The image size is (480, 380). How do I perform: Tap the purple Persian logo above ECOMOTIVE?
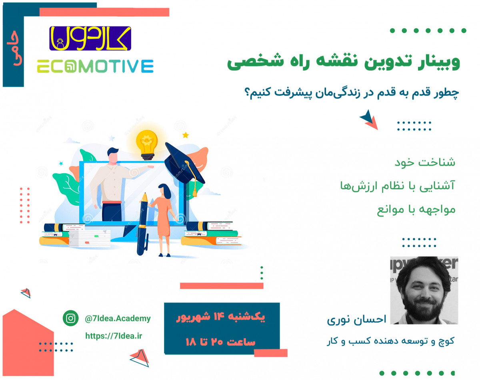pyautogui.click(x=90, y=38)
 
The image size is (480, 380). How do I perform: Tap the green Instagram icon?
pyautogui.click(x=71, y=318)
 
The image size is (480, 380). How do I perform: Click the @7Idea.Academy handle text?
pyautogui.click(x=118, y=319)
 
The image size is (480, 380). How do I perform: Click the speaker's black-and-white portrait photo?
pyautogui.click(x=424, y=290)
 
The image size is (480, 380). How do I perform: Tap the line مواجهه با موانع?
pyautogui.click(x=416, y=210)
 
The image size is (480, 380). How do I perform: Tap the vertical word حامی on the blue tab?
pyautogui.click(x=14, y=53)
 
